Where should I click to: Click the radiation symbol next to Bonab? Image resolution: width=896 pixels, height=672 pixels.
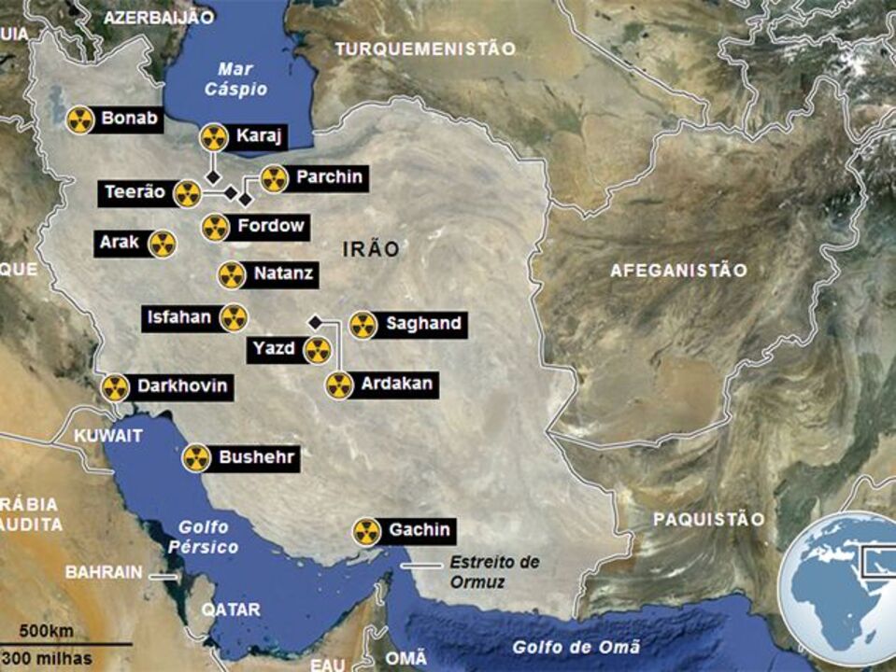81,119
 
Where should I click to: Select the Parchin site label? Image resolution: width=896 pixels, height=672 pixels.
328,177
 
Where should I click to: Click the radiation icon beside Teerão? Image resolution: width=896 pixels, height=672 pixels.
188,194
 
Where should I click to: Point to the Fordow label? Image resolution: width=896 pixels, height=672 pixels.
270,226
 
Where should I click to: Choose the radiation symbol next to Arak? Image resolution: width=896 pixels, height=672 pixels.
162,245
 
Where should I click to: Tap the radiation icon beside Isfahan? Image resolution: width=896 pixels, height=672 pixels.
234,318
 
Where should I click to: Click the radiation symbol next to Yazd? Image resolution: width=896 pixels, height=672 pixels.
318,351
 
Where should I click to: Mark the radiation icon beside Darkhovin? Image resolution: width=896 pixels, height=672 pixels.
115,388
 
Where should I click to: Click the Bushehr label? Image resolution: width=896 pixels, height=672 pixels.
257,457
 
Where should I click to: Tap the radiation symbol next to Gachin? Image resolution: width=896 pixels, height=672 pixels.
367,532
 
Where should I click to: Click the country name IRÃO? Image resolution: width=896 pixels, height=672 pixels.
371,249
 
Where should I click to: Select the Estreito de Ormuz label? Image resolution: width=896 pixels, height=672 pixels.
494,571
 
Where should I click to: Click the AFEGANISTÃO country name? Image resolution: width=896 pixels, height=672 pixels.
679,271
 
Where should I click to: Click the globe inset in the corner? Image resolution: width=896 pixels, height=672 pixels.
840,583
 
